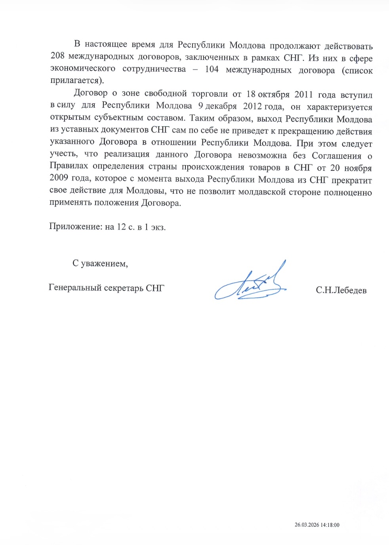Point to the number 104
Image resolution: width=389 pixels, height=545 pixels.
point(212,69)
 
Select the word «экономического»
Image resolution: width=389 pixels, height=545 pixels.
point(83,68)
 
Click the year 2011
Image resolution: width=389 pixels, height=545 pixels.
point(303,94)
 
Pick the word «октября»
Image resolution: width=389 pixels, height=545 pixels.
point(274,94)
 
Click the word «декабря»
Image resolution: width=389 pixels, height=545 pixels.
point(221,106)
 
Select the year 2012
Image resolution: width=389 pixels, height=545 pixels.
point(252,106)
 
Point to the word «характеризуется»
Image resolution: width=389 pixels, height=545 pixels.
point(339,107)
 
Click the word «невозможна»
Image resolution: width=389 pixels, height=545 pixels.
point(262,155)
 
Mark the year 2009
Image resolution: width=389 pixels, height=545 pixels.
point(59,178)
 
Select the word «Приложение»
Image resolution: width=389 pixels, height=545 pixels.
point(75,227)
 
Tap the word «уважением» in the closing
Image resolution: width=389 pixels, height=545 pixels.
point(104,263)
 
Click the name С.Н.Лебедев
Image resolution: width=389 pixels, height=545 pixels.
point(341,291)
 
